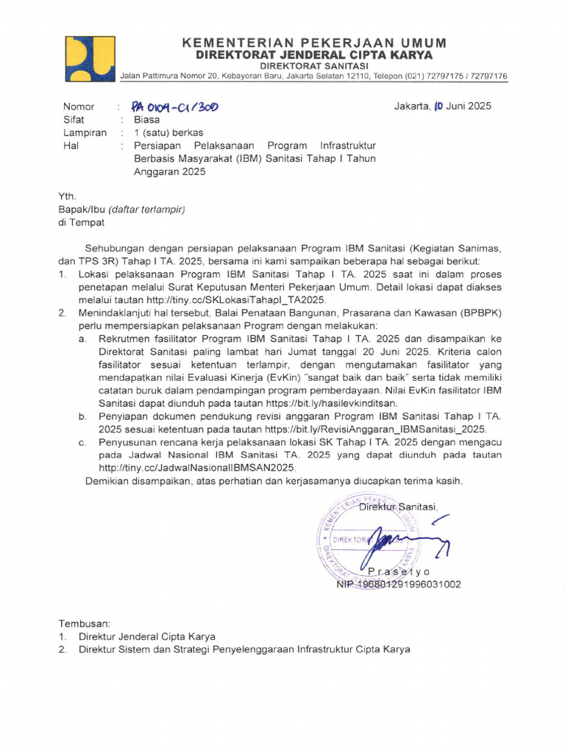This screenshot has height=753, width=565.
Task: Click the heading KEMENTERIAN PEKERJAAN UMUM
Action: coord(313,42)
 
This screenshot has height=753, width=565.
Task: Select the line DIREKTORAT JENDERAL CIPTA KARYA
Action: coord(313,55)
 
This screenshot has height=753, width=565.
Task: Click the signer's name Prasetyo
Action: coord(399,571)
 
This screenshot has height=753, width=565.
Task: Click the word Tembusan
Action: coord(84,622)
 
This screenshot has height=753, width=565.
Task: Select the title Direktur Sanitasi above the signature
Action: coord(398,507)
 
